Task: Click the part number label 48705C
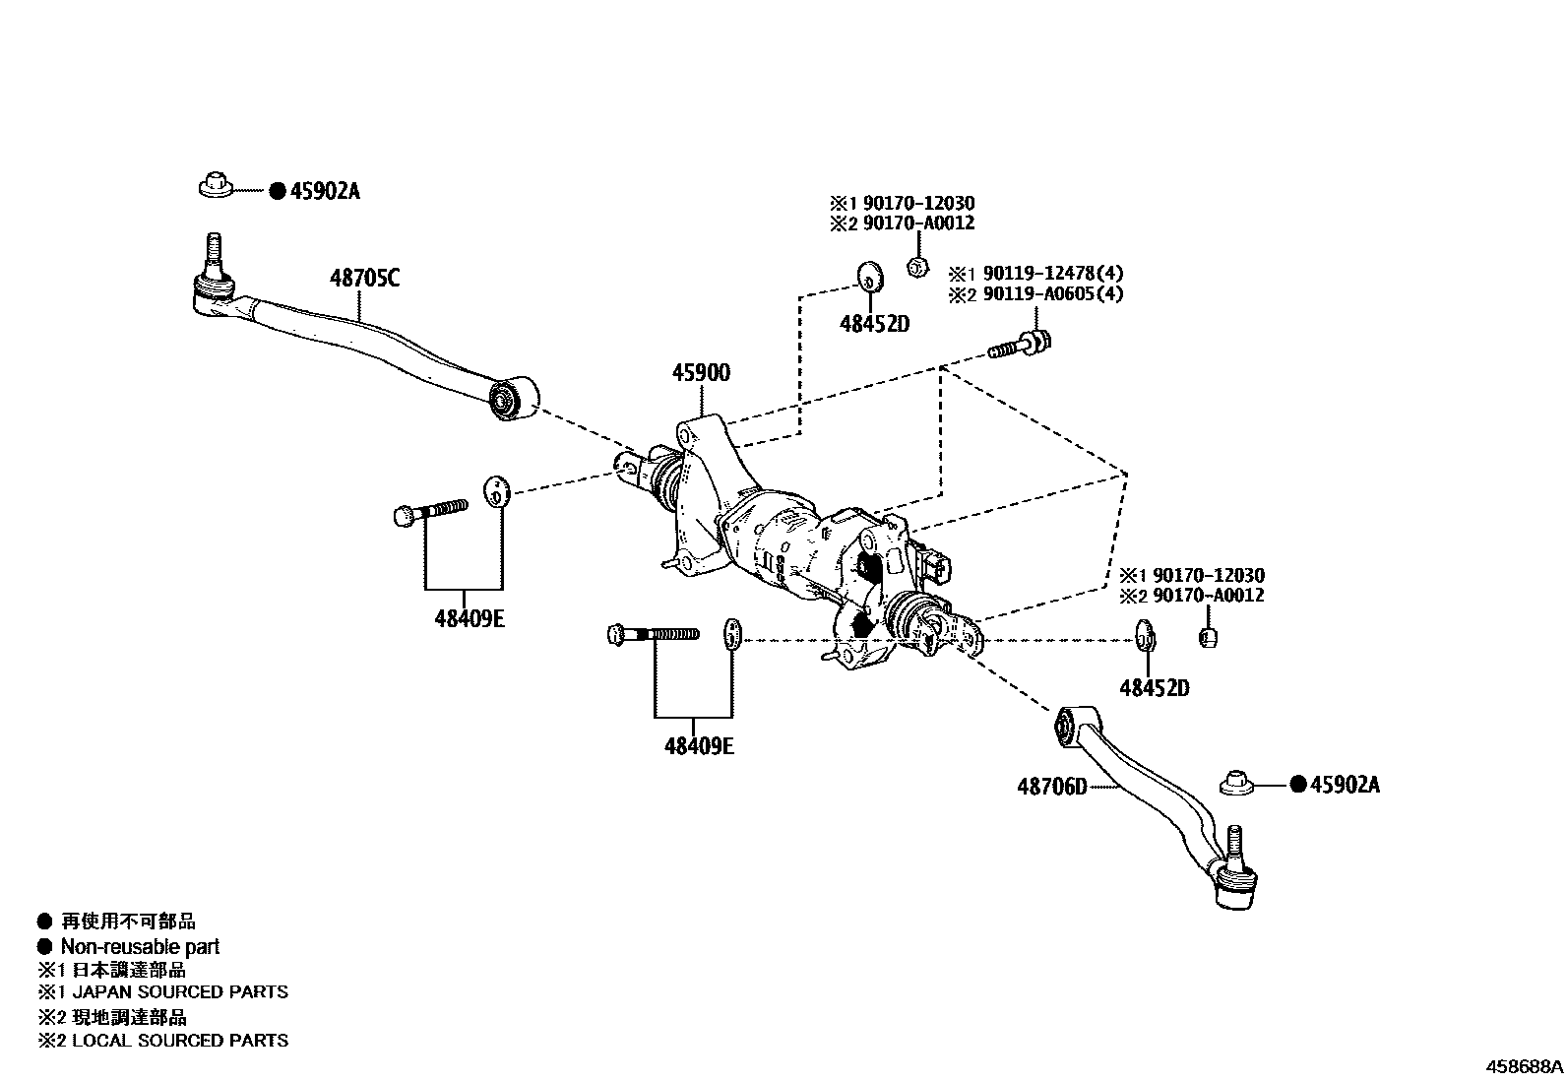click(x=364, y=279)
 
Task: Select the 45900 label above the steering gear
click(x=701, y=373)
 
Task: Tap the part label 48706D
click(x=1052, y=787)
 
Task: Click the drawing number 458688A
click(x=1524, y=1066)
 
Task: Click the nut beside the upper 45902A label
click(x=216, y=185)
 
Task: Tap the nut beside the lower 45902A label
click(x=1236, y=784)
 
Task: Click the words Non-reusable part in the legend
click(x=140, y=947)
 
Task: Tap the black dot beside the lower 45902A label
click(x=1297, y=785)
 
